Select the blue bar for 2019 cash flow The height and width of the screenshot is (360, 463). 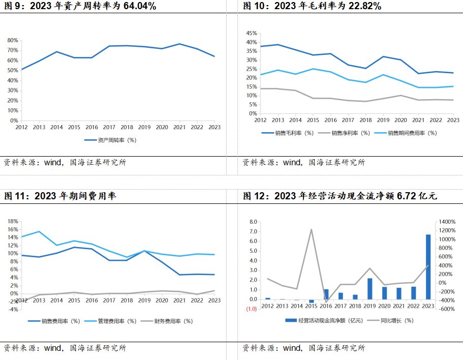tap(370, 289)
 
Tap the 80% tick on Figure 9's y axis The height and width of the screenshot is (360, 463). tap(13, 40)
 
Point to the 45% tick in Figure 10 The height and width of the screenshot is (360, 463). tap(251, 33)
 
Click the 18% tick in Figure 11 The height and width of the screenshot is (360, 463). tap(13, 221)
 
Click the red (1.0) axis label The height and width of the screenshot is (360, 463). tap(252, 309)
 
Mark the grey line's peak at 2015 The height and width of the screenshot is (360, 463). tap(311, 229)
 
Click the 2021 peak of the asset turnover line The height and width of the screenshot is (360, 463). tap(179, 44)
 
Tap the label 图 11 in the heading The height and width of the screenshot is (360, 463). tap(15, 196)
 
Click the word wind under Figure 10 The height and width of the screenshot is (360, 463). tap(292, 163)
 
